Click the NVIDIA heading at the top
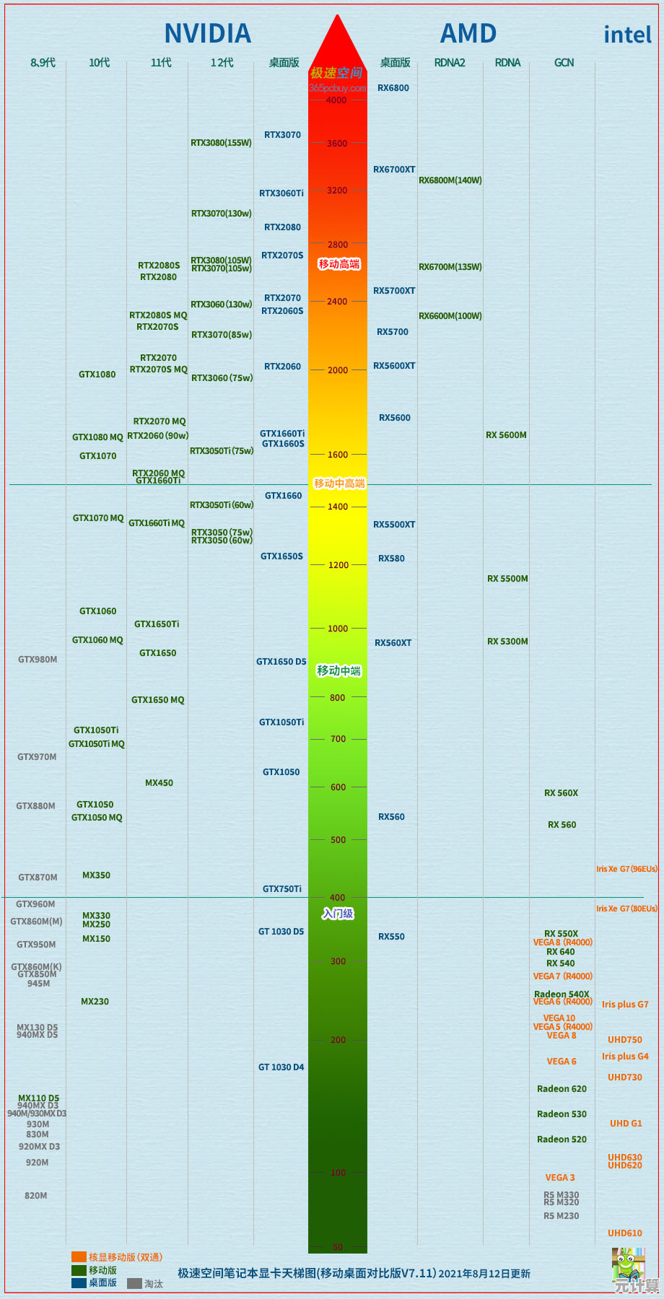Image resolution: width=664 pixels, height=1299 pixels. tap(208, 33)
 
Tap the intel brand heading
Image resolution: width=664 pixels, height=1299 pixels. tap(627, 35)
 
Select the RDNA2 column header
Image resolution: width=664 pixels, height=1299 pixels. tap(450, 63)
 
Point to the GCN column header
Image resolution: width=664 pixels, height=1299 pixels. tap(564, 63)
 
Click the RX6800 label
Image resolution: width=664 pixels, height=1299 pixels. tap(393, 88)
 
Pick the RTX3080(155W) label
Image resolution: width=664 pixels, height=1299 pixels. tap(221, 143)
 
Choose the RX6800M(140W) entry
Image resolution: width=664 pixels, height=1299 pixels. tap(450, 180)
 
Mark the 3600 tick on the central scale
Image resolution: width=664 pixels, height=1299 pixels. tap(337, 144)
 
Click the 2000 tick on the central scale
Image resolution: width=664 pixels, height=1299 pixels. tap(338, 370)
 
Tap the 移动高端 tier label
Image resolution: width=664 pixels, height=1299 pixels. tap(339, 264)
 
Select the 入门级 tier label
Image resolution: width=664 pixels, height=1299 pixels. tap(338, 914)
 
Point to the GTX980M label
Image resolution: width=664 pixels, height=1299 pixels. tap(38, 660)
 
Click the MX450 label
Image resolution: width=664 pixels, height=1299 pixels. tap(159, 783)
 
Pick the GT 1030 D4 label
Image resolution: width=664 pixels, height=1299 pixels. tap(281, 1067)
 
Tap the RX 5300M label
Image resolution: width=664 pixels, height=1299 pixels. tap(507, 642)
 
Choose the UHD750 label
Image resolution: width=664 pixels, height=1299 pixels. tap(624, 1040)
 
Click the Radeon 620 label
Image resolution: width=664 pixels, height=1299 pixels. tap(562, 1089)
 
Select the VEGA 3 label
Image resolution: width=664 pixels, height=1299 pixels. tap(560, 1178)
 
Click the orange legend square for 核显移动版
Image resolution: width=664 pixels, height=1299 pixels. tap(79, 1257)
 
